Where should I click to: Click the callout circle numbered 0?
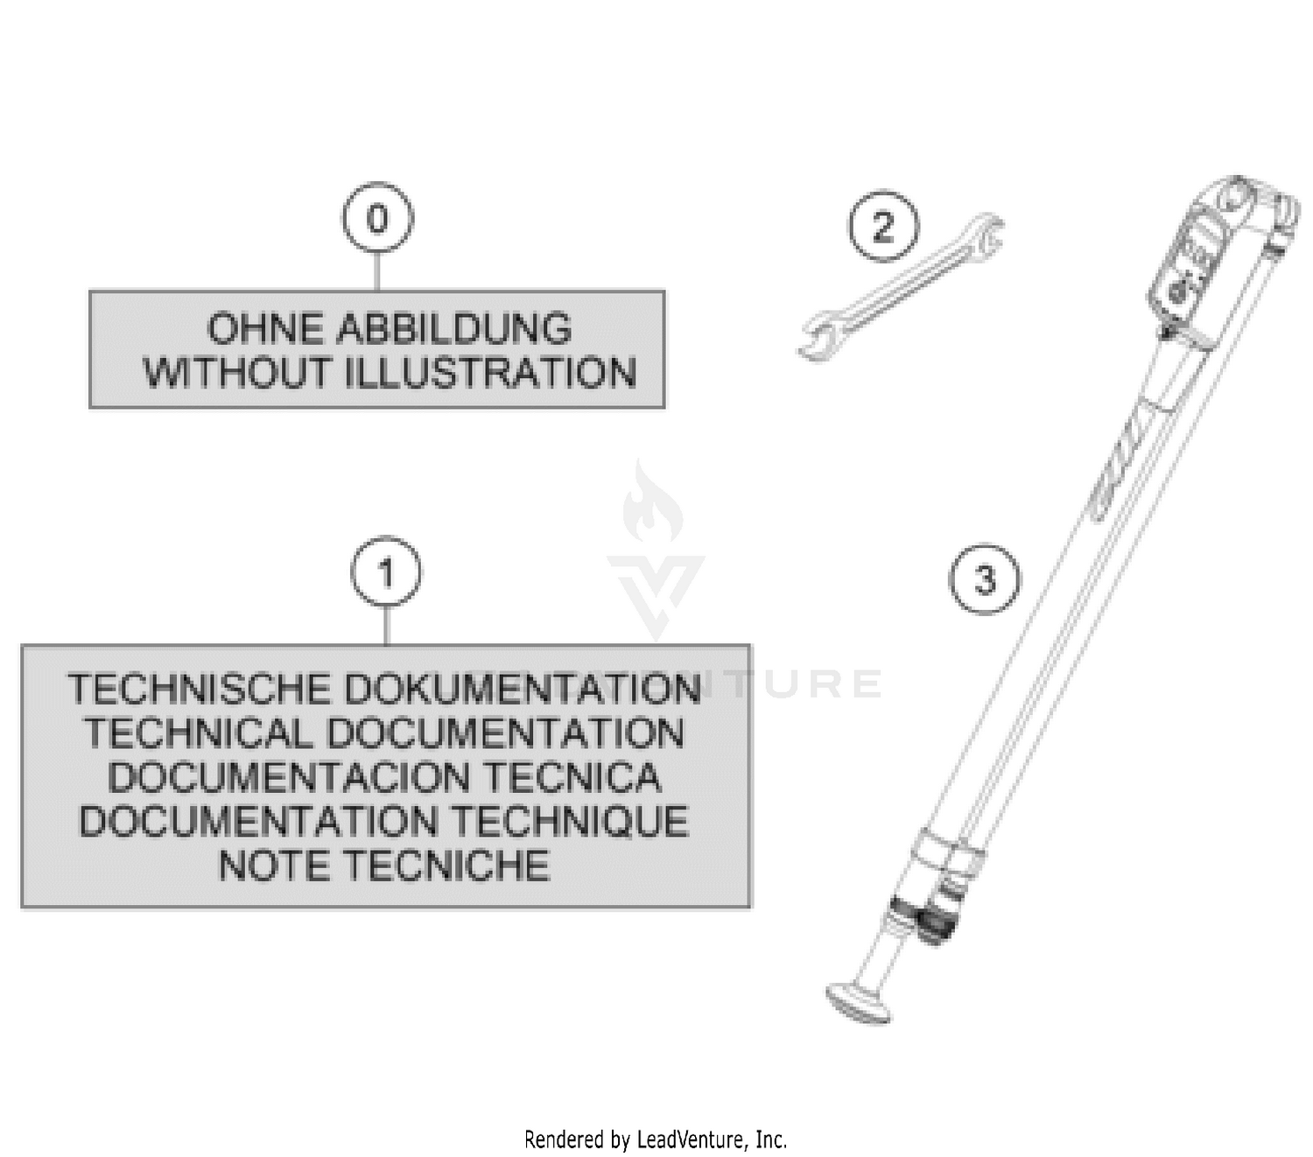coord(377,218)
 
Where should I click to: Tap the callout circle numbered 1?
coord(386,572)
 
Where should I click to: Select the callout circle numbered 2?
coord(883,226)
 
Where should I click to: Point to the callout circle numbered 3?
coord(984,578)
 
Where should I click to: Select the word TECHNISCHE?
coord(199,689)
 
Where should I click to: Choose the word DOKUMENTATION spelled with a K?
coord(523,689)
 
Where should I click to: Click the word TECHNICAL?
coord(197,733)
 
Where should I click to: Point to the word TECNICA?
coord(572,777)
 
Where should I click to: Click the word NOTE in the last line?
coord(273,866)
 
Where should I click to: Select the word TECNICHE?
coord(446,866)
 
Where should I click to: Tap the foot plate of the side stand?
coord(857,1003)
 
